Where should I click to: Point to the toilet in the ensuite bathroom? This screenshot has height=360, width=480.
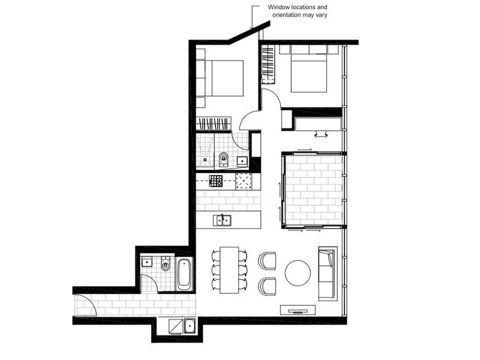point(224,159)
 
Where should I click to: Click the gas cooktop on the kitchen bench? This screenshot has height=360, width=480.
point(216,180)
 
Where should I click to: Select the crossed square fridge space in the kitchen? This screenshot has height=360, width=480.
point(244,180)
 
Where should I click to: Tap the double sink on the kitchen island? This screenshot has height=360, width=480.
point(223,220)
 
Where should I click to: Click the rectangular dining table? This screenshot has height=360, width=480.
point(229,269)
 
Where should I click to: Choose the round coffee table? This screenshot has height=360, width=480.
point(298,272)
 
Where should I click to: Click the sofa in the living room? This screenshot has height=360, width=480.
point(327,273)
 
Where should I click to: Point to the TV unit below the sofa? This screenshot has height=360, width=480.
point(298,310)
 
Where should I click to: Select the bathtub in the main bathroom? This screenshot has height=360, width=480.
point(184,274)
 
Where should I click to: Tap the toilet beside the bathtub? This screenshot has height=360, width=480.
point(166,265)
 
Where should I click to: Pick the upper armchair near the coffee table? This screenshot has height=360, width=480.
point(267,260)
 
